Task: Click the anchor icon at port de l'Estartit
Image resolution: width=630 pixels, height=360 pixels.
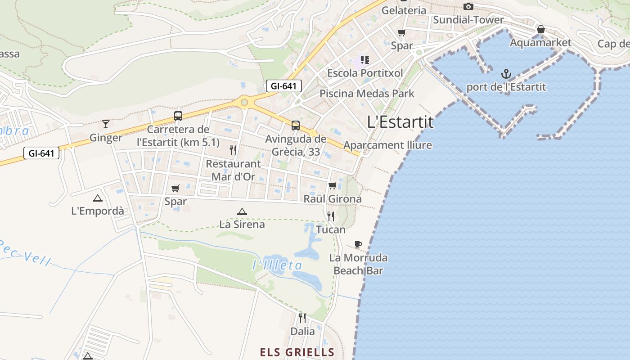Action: [x=506, y=73]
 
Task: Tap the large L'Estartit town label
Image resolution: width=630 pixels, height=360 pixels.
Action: [x=400, y=122]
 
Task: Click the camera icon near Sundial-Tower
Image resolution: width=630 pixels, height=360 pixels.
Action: [x=468, y=6]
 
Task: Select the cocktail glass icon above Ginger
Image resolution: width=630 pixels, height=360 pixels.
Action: [x=106, y=124]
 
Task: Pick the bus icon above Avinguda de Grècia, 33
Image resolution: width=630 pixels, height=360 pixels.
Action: [x=295, y=126]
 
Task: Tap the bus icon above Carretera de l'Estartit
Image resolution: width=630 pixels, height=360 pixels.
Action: [x=178, y=116]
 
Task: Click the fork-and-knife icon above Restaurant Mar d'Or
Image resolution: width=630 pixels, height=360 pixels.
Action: [x=233, y=150]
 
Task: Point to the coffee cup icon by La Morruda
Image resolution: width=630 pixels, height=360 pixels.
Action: [x=358, y=244]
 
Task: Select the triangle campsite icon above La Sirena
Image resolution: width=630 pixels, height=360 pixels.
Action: [x=242, y=211]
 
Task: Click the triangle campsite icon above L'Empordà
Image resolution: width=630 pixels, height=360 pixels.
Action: [x=98, y=198]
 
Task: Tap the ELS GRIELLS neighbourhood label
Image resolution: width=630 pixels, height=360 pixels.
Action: [x=297, y=352]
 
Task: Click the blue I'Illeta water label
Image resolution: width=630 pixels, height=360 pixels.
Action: [x=278, y=265]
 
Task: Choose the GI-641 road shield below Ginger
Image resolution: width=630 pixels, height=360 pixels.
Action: [x=41, y=153]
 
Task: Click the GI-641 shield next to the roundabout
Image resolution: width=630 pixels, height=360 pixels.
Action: [x=283, y=86]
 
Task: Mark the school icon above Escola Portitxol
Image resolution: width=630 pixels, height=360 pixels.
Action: [x=365, y=59]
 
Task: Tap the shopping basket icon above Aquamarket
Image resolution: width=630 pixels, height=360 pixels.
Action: [x=541, y=30]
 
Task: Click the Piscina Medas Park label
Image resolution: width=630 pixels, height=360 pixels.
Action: [x=367, y=94]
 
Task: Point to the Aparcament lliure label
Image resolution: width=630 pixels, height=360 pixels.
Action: [x=387, y=145]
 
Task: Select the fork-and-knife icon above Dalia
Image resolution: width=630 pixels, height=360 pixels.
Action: [x=302, y=318]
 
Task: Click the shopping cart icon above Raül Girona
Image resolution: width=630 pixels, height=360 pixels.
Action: [x=333, y=185]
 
